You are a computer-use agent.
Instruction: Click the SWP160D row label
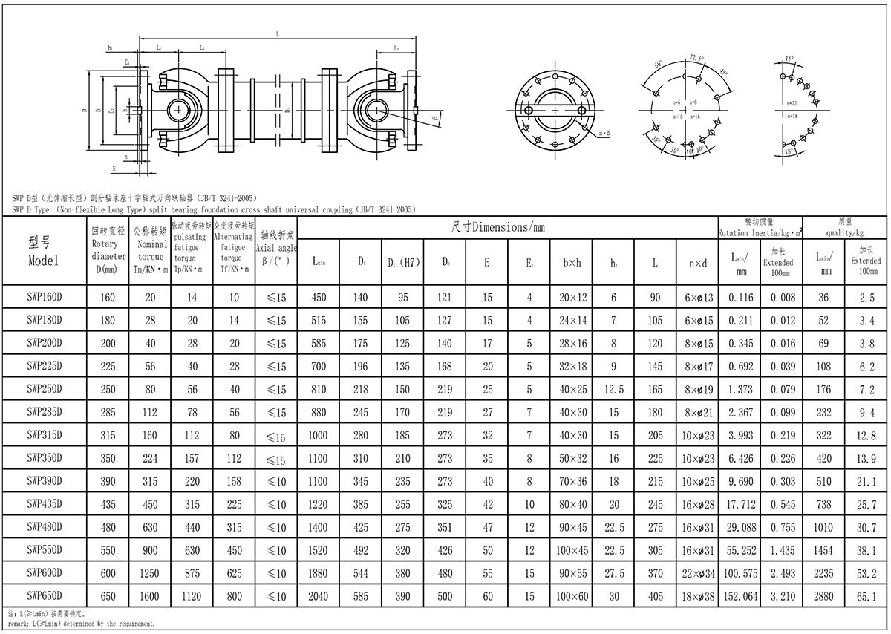click(45, 297)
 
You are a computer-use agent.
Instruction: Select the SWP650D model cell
click(45, 595)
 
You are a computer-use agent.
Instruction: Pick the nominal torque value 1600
click(151, 596)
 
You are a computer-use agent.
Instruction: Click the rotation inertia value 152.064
click(740, 596)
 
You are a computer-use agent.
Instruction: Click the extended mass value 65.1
click(866, 596)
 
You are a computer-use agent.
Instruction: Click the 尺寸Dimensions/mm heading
click(498, 226)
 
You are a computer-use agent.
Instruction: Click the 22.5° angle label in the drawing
click(696, 58)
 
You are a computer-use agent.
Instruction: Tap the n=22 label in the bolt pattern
click(792, 103)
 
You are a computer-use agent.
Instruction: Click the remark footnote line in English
click(82, 624)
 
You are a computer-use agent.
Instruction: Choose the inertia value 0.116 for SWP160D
click(740, 298)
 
